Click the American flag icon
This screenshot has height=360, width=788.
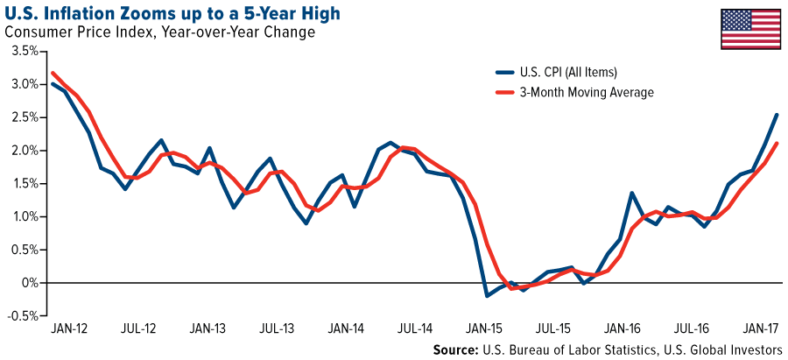pyautogui.click(x=751, y=29)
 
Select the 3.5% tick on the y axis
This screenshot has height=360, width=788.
pyautogui.click(x=24, y=51)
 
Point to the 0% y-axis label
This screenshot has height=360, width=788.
pyautogui.click(x=31, y=283)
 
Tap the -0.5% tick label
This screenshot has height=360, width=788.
pyautogui.click(x=22, y=316)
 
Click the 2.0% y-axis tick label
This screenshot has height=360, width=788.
pyautogui.click(x=24, y=151)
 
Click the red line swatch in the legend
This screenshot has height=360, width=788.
pyautogui.click(x=507, y=91)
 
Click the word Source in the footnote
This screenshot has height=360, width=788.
pyautogui.click(x=456, y=349)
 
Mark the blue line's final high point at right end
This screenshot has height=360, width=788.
pyautogui.click(x=777, y=115)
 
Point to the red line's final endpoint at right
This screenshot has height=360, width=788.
pyautogui.click(x=777, y=144)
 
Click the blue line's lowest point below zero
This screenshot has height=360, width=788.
pyautogui.click(x=487, y=296)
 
